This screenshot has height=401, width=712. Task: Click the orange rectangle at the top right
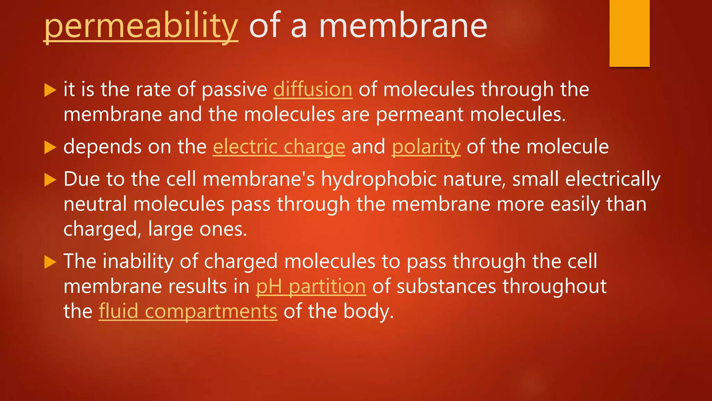[x=629, y=33]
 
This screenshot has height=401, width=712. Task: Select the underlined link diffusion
[x=313, y=89]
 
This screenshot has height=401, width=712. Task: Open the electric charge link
[x=279, y=147]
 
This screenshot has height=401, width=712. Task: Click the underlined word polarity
[x=426, y=147]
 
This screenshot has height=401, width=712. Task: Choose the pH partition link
[x=311, y=286]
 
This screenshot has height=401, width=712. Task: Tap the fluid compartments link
[x=188, y=311]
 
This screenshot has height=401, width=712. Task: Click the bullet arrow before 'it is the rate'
[x=50, y=90]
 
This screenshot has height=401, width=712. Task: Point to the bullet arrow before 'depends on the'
[x=50, y=148]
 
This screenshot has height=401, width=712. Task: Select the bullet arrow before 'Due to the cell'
[x=50, y=180]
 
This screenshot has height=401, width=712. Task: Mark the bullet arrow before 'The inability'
[x=50, y=262]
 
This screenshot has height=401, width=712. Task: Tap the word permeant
[x=420, y=115]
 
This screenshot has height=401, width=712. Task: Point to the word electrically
[x=613, y=179]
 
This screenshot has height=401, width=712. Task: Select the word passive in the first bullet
[x=234, y=89]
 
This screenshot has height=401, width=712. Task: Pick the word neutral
[x=95, y=204]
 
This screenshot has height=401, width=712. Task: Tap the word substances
[x=446, y=286]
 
